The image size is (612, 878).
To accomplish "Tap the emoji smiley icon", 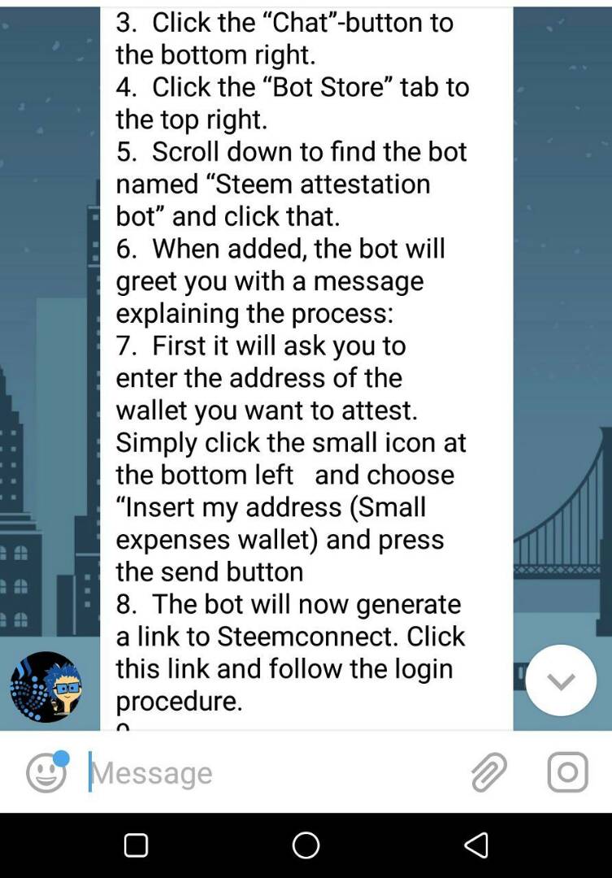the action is point(46,773).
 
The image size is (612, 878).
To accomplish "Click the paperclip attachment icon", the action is point(488,772).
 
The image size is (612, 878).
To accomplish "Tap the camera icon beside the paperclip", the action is point(567,772).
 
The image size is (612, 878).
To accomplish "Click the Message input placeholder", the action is point(152,773).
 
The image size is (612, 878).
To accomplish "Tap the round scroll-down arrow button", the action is point(561,680).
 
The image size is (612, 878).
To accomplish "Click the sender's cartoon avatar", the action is point(46,686).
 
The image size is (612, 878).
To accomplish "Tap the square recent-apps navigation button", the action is point(136,845).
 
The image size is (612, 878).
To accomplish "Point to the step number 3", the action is point(126,23).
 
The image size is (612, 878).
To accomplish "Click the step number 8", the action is point(126,604).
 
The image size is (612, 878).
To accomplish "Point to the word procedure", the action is point(179,702).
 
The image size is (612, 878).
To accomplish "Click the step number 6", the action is point(126,250).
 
